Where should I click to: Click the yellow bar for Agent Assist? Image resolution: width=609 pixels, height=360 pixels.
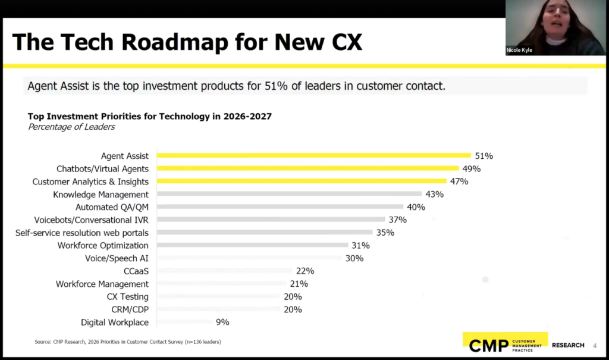313,156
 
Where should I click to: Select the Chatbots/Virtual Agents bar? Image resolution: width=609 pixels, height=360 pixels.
307,169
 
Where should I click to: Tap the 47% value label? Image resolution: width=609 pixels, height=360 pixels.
459,181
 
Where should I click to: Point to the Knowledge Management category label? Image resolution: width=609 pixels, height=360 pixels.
101,195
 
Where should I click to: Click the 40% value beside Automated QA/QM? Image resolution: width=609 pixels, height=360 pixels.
416,207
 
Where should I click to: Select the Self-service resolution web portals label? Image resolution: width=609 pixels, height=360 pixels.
82,233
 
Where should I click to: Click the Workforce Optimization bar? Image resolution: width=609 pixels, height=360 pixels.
252,245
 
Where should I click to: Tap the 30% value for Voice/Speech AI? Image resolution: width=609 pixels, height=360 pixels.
354,258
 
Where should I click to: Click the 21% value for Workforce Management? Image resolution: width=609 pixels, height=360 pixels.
299,284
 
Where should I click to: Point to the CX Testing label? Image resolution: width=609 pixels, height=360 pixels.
127,296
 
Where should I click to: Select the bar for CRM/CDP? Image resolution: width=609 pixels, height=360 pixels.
218,309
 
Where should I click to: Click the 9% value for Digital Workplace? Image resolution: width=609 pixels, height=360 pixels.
222,322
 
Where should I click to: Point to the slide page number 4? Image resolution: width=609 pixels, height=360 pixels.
594,345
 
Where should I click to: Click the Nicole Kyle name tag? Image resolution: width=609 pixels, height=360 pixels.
519,51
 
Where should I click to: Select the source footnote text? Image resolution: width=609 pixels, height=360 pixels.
128,342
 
